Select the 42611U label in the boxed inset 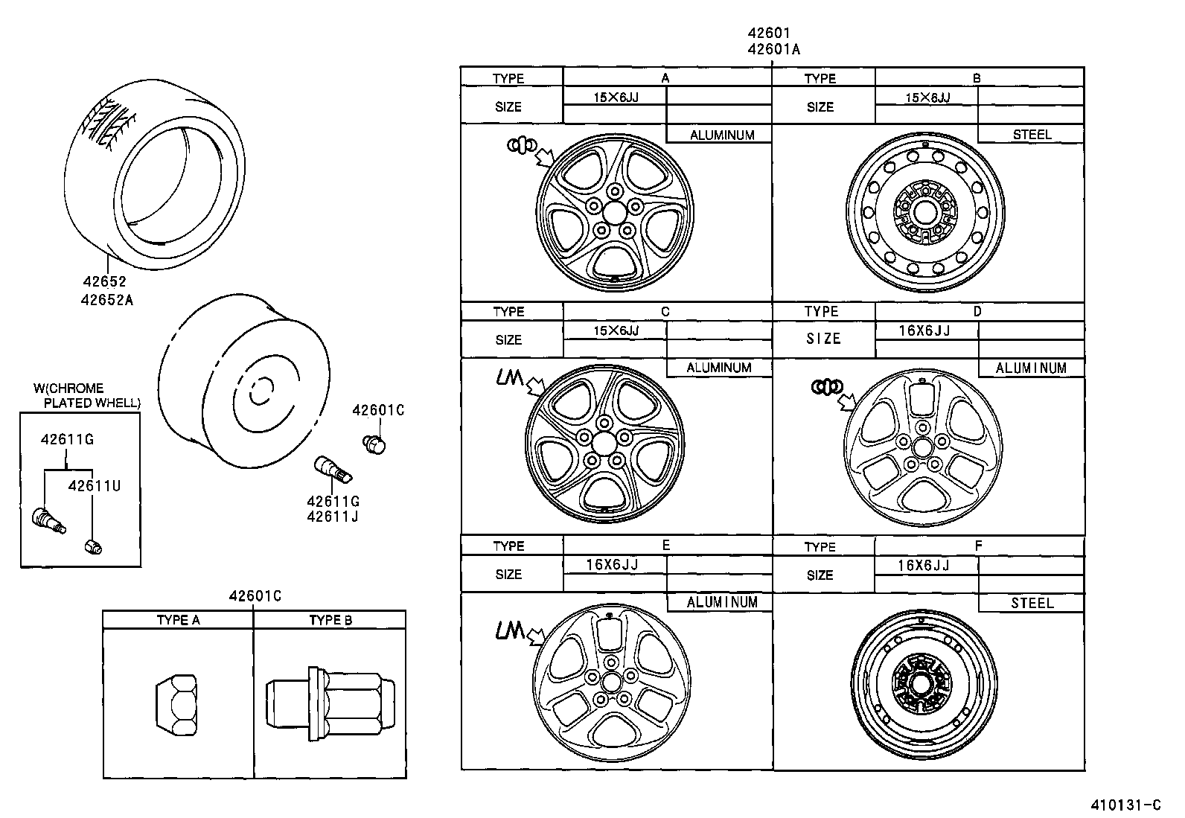point(94,485)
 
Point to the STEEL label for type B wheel point(1032,135)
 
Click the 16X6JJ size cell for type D point(924,330)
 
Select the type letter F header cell point(978,546)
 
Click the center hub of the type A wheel point(614,213)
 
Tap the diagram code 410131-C point(1125,805)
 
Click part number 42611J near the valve point(333,516)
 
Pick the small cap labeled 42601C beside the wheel point(376,444)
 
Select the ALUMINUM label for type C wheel point(718,368)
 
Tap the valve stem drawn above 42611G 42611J point(332,470)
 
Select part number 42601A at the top point(773,49)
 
